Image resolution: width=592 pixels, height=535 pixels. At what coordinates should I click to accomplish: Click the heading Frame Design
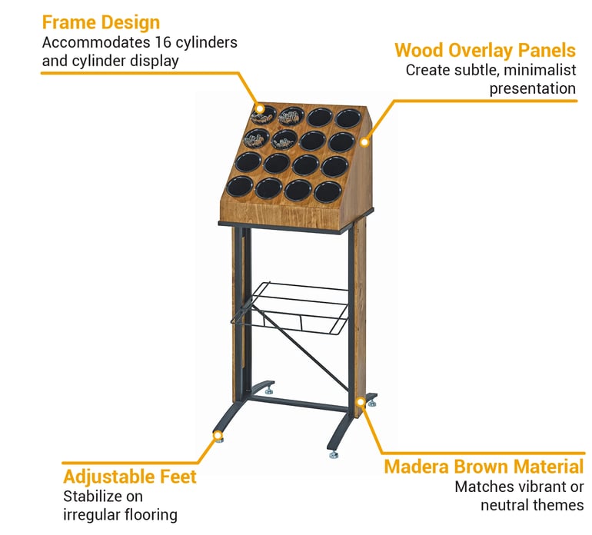(101, 22)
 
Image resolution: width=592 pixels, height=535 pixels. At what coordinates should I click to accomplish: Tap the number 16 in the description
(163, 42)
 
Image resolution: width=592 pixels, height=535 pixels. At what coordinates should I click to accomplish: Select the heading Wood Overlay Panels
(485, 50)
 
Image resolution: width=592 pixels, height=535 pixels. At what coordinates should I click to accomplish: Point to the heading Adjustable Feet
(130, 477)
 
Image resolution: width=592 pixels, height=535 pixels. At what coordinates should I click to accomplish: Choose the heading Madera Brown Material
(484, 467)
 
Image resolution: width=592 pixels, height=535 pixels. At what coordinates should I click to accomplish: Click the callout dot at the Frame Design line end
(260, 108)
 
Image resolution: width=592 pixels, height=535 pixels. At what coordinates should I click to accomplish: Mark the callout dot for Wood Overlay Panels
(364, 142)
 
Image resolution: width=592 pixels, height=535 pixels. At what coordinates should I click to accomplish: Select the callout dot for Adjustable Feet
(218, 436)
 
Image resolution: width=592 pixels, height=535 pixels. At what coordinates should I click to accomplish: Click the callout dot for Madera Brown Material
(361, 401)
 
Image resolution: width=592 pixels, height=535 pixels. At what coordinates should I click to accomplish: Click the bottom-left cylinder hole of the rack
(240, 187)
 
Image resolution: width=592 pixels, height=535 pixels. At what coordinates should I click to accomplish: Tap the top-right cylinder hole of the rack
(348, 118)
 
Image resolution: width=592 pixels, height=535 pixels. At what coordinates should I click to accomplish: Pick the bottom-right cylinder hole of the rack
(328, 192)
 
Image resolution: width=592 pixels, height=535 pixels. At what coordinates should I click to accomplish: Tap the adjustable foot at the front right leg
(334, 454)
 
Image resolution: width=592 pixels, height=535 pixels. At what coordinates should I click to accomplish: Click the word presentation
(533, 89)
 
